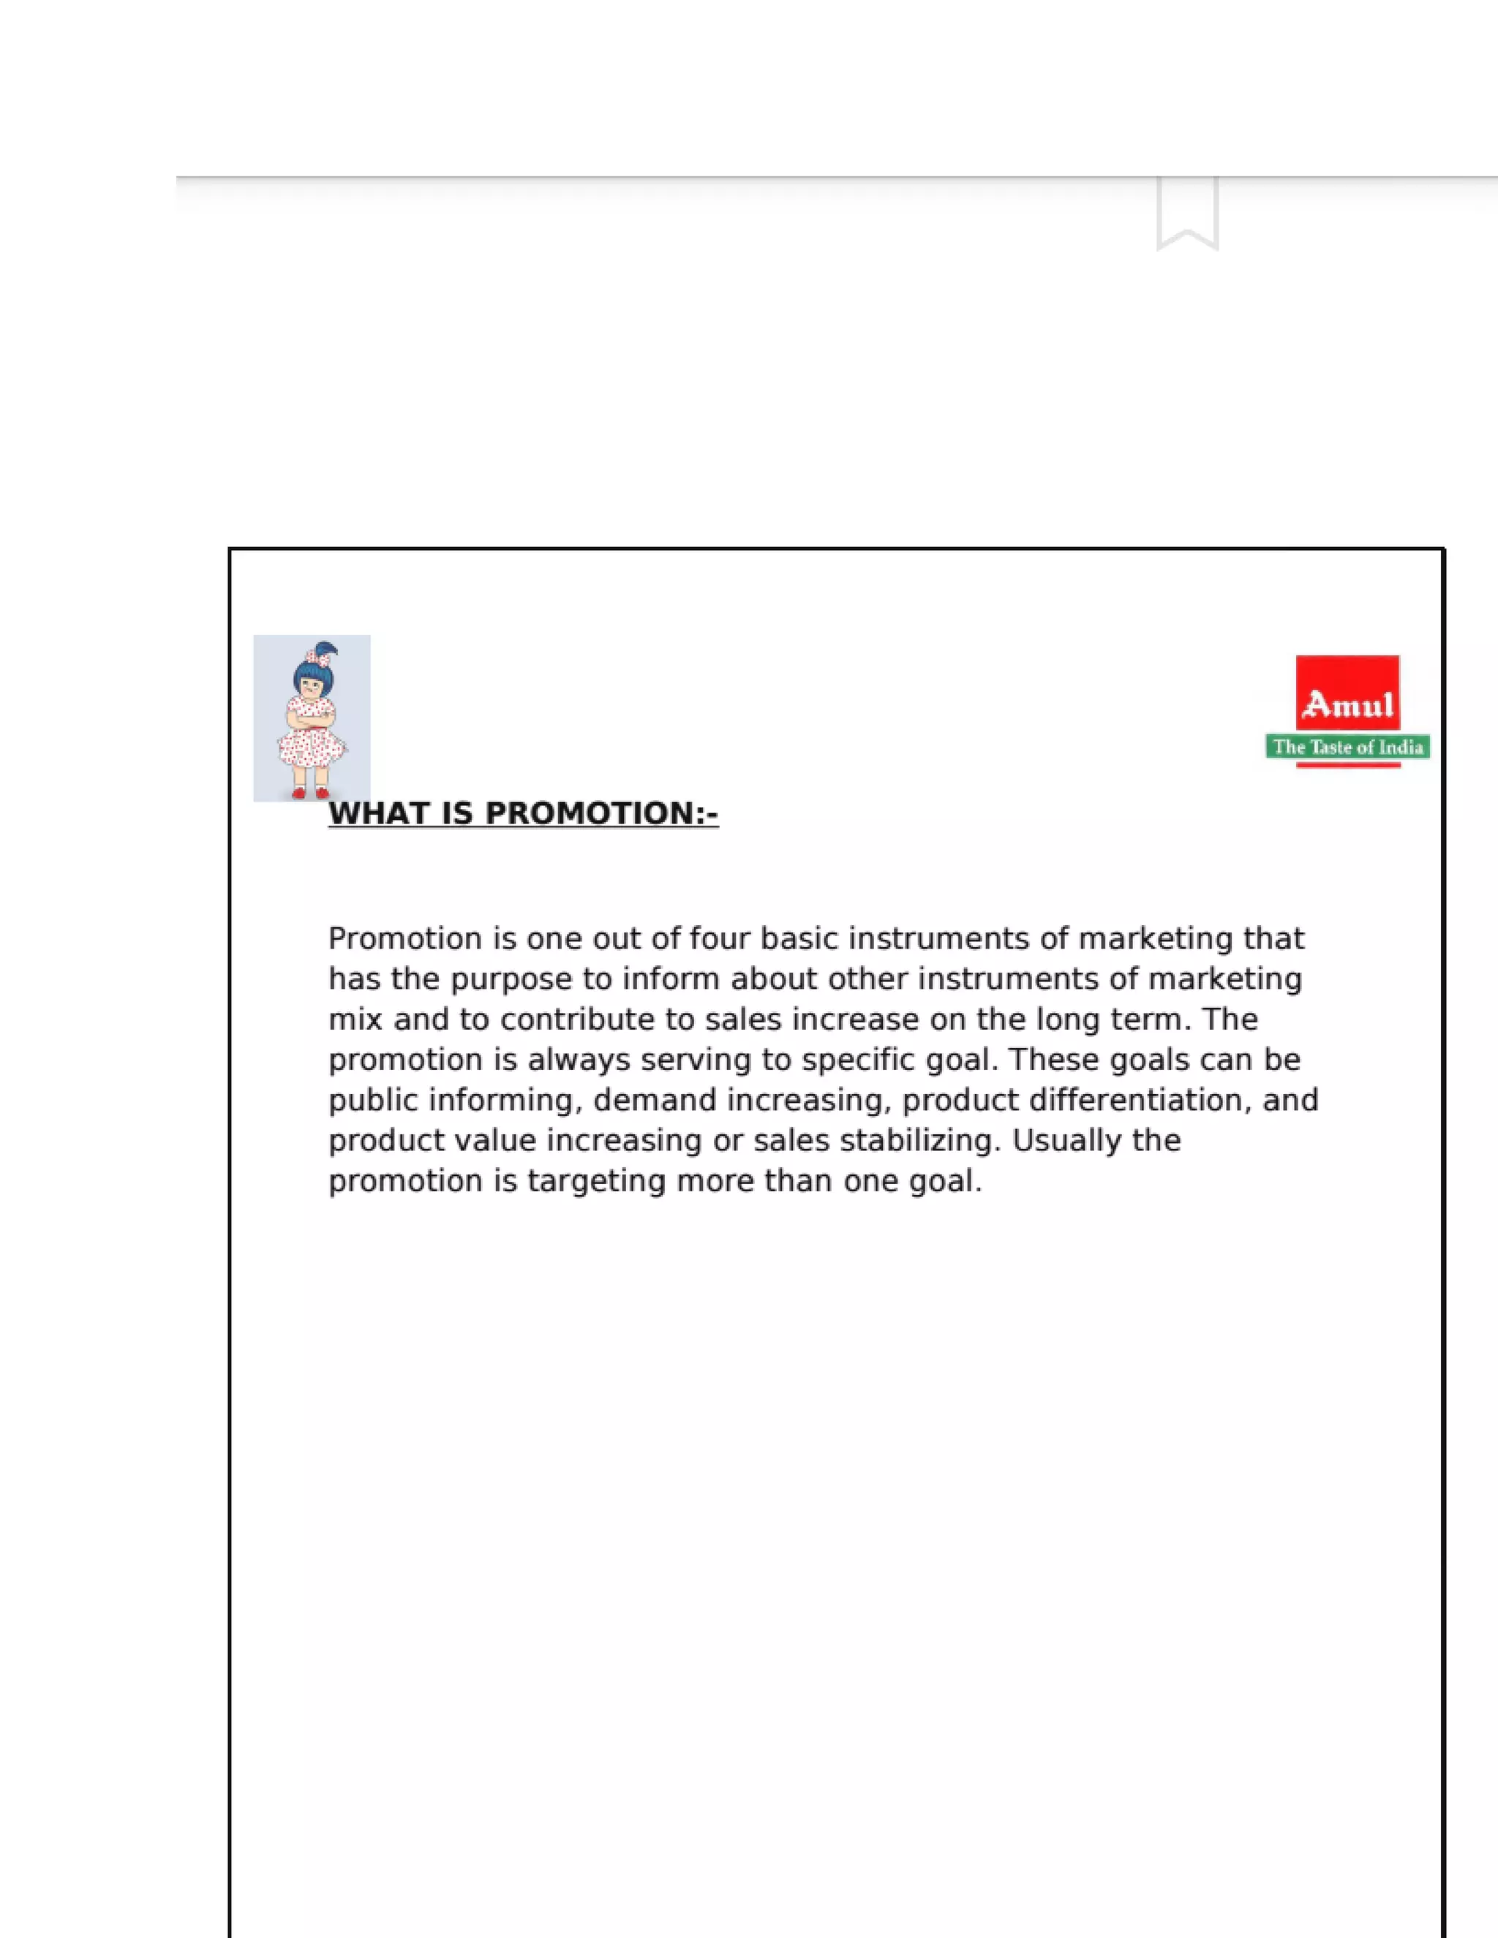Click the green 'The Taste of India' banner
[x=1347, y=747]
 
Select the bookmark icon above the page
[x=1187, y=213]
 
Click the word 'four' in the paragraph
[x=720, y=939]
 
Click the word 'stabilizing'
[x=919, y=1141]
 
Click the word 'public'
[x=373, y=1101]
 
